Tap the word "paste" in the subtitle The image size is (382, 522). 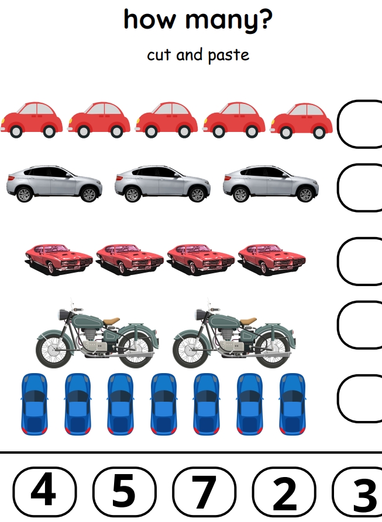coord(229,55)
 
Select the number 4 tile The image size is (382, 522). coord(44,492)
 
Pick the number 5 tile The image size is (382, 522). coord(124,492)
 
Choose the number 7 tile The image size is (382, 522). coord(204,492)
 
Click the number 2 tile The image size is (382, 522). coord(284,492)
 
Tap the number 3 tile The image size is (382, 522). coord(357,492)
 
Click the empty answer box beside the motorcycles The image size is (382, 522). coord(338,325)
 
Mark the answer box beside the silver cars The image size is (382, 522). coord(338,187)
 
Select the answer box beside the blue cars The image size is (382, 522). coord(338,398)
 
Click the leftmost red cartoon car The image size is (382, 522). coord(32,120)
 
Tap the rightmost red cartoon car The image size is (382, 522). coord(302,121)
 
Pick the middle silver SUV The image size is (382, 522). coord(163,184)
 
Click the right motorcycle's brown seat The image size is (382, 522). coord(248,321)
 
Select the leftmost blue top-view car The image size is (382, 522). coord(34,404)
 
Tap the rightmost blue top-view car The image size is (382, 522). coord(292,404)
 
